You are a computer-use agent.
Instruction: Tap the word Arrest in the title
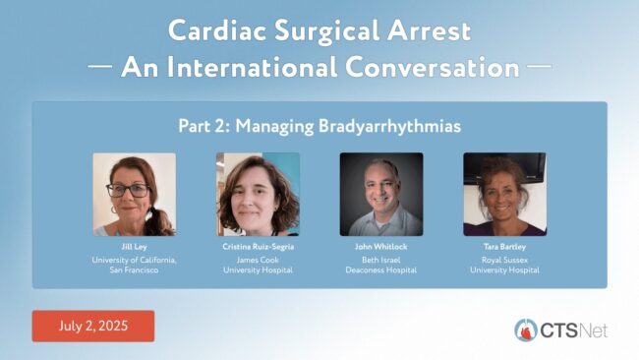pos(430,30)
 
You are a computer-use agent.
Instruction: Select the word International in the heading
pos(252,67)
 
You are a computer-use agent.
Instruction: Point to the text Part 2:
pos(204,126)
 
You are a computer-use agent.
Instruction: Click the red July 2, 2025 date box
pos(93,327)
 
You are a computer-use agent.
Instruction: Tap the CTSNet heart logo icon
pos(526,330)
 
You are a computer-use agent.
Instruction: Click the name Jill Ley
pos(134,247)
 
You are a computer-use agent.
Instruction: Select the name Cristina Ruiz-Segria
pos(258,247)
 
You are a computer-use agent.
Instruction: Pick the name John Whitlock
pos(381,247)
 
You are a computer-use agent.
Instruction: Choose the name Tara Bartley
pos(504,247)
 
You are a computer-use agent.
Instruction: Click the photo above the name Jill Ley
pos(135,195)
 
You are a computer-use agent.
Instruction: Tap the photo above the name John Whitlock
pos(381,195)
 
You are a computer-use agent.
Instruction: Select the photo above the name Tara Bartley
pos(505,195)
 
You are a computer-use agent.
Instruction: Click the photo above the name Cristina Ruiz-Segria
pos(258,195)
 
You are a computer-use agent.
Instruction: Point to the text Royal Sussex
pos(504,260)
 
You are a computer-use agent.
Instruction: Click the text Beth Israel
pos(381,260)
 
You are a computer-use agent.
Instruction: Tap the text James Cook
pos(258,260)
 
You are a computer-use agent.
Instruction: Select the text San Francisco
pos(134,270)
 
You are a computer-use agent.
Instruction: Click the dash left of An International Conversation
pos(100,65)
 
